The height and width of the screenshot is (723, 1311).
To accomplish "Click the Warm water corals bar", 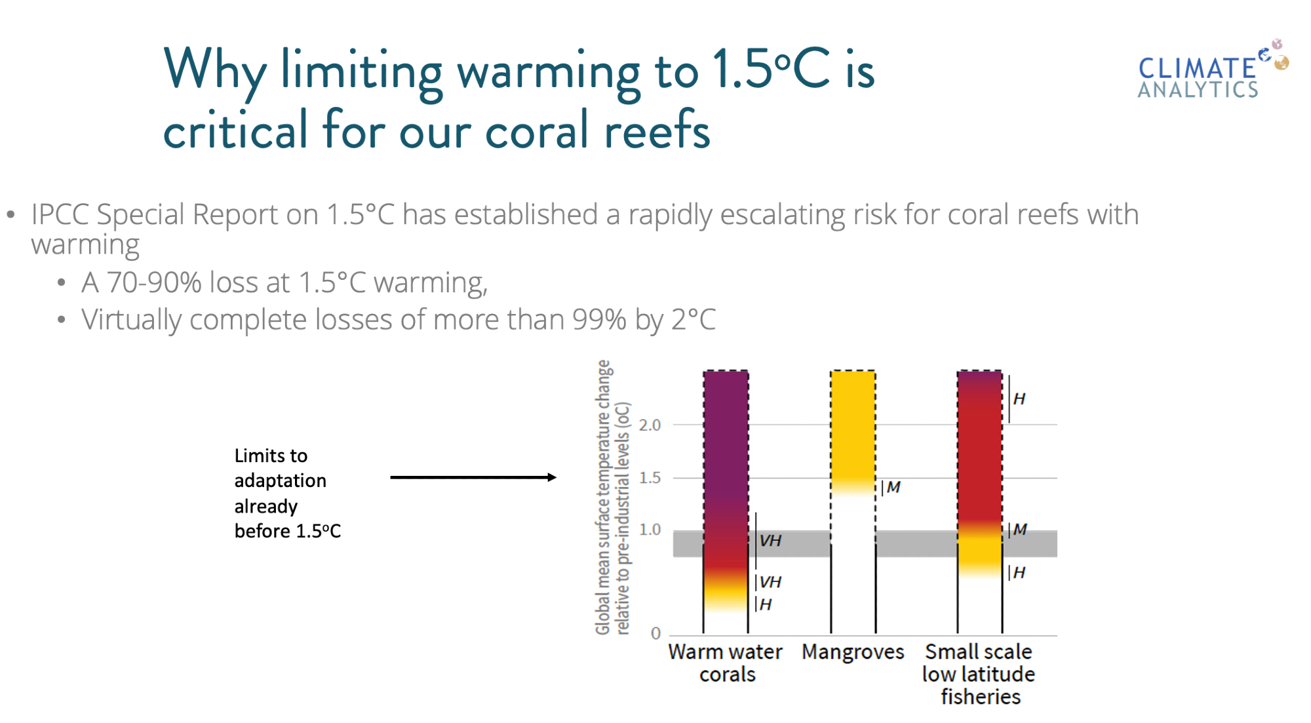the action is (x=726, y=501).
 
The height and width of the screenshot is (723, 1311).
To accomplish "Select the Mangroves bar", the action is (x=853, y=501).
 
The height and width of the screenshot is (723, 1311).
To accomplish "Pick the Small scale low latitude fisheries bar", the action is (x=980, y=501).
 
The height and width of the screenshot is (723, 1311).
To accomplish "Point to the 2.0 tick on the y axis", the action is (x=650, y=425).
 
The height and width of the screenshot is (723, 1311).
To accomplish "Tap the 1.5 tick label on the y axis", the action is (x=650, y=478).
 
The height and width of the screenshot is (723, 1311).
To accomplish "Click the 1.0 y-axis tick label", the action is (x=650, y=530).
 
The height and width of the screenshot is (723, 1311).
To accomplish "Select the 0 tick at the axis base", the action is (x=655, y=633).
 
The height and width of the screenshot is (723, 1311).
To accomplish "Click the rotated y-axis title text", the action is (x=612, y=498).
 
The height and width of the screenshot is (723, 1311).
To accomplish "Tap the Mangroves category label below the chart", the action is (x=853, y=652).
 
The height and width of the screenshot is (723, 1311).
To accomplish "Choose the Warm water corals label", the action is (x=726, y=663).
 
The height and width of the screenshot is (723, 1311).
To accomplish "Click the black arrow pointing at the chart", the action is (x=473, y=477).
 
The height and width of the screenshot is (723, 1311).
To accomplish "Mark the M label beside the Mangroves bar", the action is (x=893, y=487).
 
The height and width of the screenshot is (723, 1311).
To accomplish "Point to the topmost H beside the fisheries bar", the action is (x=1019, y=399).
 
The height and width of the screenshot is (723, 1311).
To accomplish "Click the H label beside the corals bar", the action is (x=766, y=604).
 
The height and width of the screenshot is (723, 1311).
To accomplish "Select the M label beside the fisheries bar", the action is (x=1020, y=530).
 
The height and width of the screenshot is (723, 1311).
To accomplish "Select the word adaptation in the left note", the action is (x=281, y=481).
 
